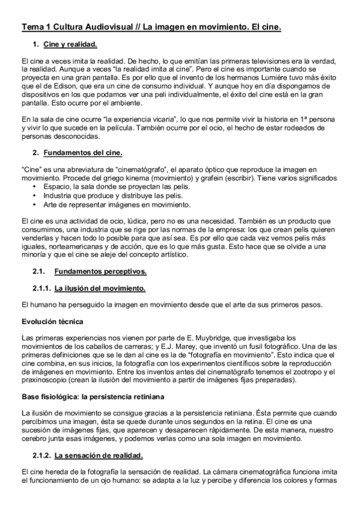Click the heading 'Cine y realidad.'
coord(70,45)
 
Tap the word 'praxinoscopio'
coord(44,380)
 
